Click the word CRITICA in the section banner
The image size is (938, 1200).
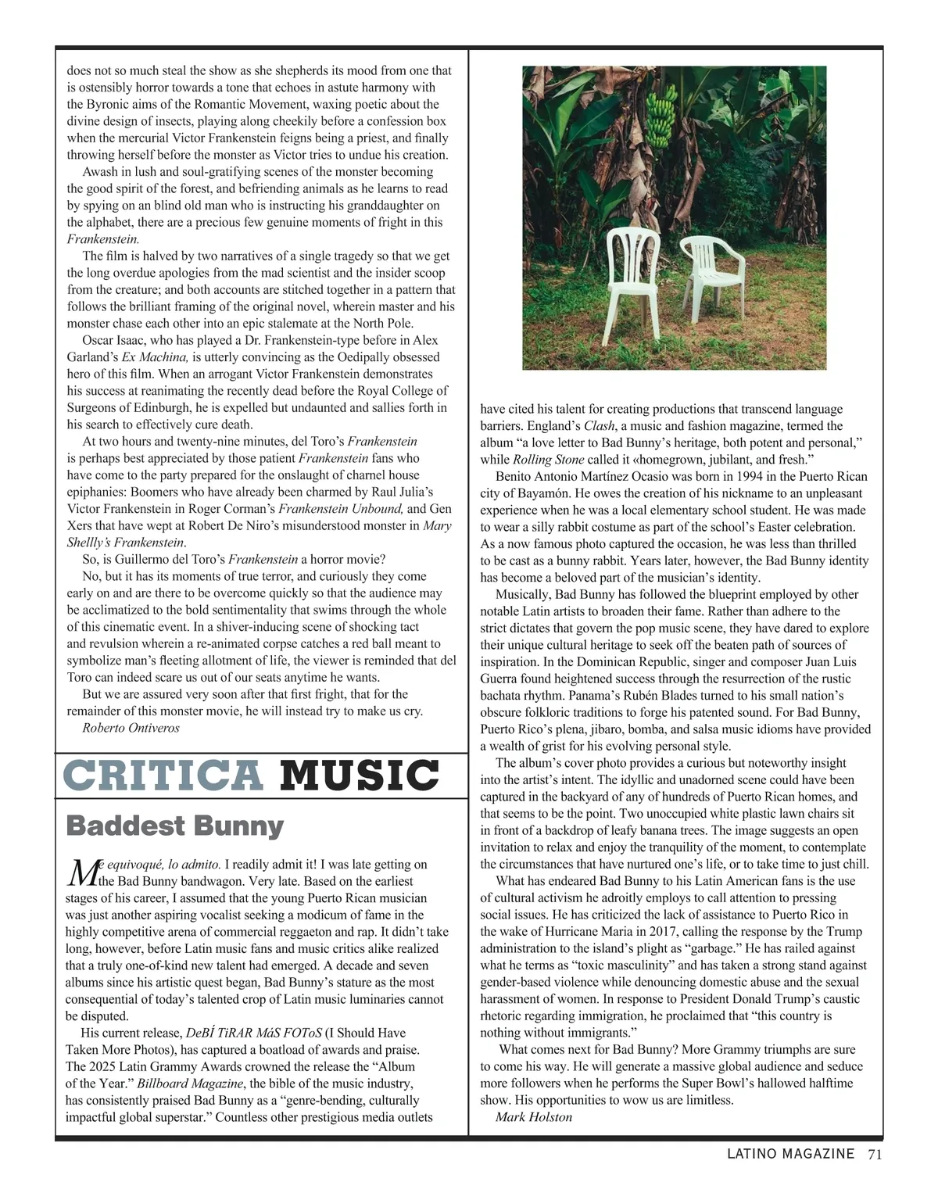163,776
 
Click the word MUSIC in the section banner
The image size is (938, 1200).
360,776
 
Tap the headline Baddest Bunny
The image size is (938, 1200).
175,826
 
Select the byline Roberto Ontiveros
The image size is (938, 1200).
131,728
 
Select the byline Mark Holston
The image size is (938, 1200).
534,1117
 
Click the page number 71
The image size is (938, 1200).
875,1154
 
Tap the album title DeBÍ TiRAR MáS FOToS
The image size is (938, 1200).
253,1033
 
